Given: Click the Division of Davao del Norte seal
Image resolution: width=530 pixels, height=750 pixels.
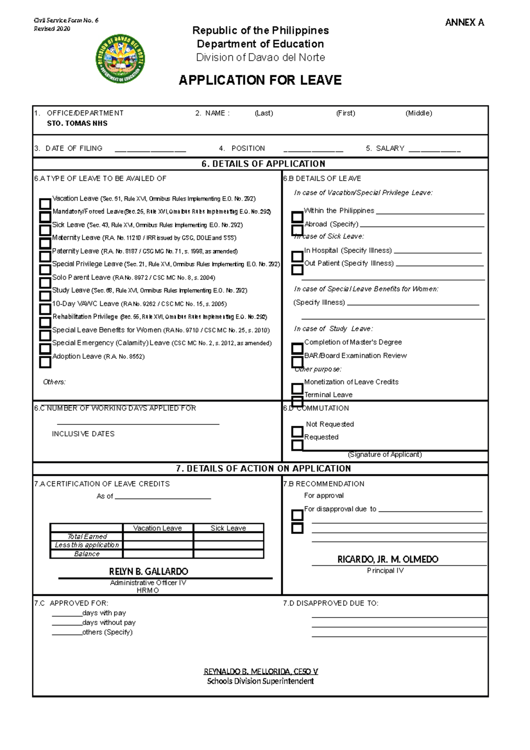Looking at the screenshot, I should pyautogui.click(x=120, y=59).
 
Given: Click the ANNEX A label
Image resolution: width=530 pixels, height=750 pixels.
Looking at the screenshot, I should pyautogui.click(x=464, y=23).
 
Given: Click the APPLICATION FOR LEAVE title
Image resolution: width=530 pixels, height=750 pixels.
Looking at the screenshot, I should pyautogui.click(x=260, y=80).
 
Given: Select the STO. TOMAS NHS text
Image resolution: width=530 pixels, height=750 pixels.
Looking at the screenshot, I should pyautogui.click(x=77, y=123).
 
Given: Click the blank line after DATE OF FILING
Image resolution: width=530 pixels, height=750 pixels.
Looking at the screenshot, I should pyautogui.click(x=150, y=150).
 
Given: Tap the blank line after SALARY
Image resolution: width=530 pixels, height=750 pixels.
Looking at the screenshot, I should pyautogui.click(x=435, y=150).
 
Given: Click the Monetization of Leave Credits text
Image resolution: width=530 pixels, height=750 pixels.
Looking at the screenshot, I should pyautogui.click(x=351, y=382).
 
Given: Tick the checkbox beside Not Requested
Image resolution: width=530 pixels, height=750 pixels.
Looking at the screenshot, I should pyautogui.click(x=297, y=432).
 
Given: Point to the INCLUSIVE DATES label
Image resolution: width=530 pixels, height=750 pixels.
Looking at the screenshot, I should pyautogui.click(x=83, y=434).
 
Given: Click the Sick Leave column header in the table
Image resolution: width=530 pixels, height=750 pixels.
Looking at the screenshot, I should pyautogui.click(x=228, y=528).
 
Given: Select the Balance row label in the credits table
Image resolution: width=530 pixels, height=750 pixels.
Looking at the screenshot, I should pyautogui.click(x=87, y=554).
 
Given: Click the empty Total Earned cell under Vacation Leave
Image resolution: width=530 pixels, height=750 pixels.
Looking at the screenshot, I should pyautogui.click(x=158, y=537).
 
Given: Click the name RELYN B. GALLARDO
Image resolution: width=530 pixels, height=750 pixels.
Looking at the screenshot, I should pyautogui.click(x=148, y=572).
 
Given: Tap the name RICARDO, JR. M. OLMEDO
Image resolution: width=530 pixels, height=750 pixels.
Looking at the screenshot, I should pyautogui.click(x=388, y=560).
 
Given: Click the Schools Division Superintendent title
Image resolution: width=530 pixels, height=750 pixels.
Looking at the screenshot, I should pyautogui.click(x=260, y=682).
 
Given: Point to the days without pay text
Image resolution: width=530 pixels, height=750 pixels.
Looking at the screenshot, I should pyautogui.click(x=109, y=623).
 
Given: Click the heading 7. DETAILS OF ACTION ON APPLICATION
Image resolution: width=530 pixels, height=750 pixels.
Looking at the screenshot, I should pyautogui.click(x=263, y=469).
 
